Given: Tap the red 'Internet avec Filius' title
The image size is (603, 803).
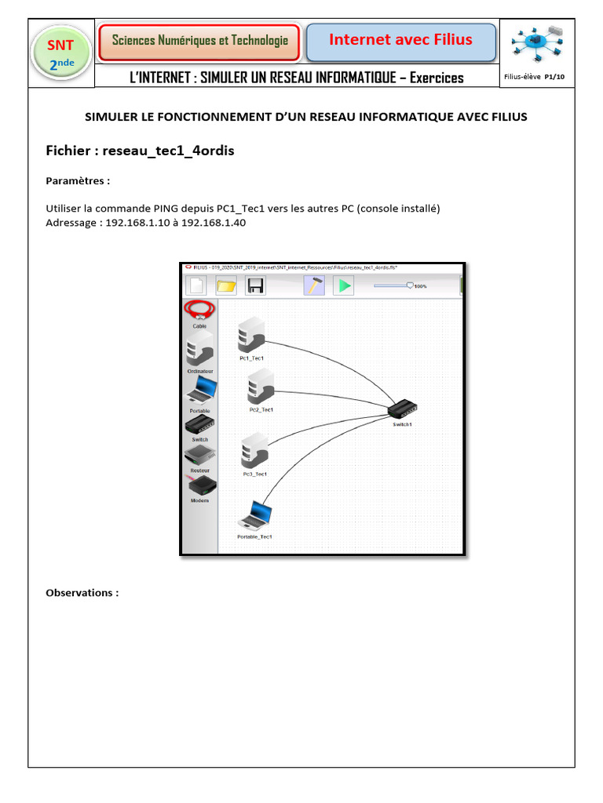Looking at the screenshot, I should tap(400, 40).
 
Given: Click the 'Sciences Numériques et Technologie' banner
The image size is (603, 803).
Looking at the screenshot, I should tap(199, 41).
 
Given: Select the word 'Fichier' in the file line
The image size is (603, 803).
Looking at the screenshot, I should tap(68, 151).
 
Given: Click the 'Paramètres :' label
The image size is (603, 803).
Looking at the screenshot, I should tap(78, 181).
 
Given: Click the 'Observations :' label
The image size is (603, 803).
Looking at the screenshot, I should tap(82, 593).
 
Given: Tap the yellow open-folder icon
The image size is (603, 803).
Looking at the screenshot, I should tap(226, 285).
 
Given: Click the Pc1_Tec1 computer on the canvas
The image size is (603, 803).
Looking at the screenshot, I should tap(251, 335).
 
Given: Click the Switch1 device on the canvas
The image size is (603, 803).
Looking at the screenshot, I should tap(403, 409).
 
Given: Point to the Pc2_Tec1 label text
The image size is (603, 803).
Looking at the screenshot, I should tap(261, 409).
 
